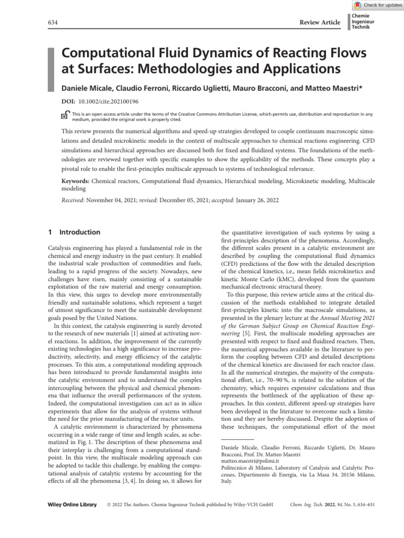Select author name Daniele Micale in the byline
(x=86, y=87)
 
